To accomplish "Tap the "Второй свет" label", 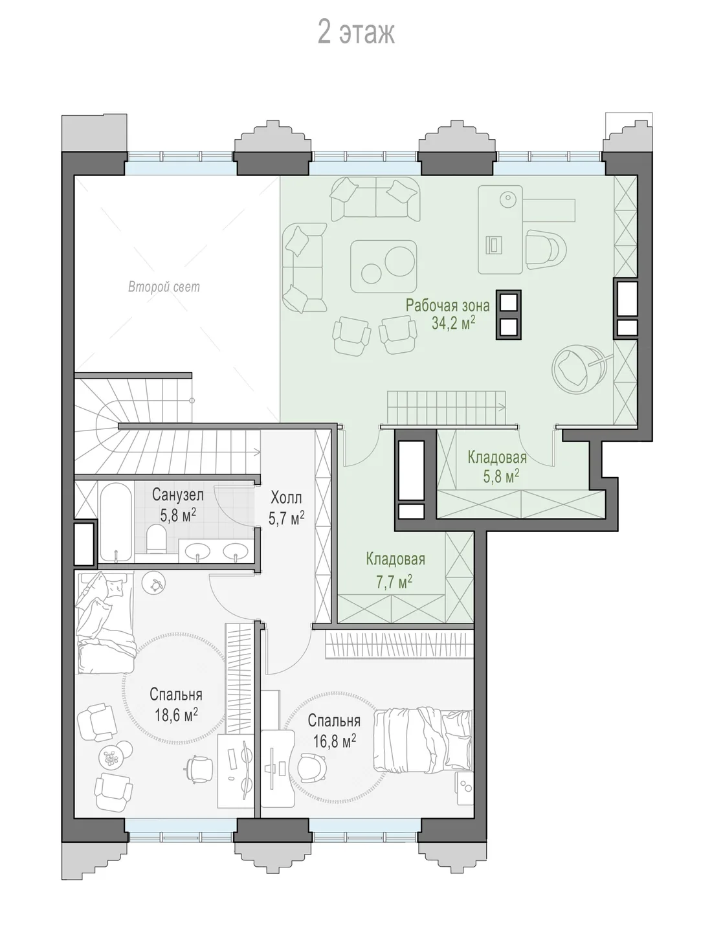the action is (164, 287).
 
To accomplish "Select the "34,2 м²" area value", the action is (453, 323).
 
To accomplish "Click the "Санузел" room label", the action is (178, 495).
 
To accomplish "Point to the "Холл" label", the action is (286, 498).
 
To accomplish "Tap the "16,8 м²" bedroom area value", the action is (335, 741).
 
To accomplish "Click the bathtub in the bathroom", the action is (116, 522).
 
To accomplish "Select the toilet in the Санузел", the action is (156, 539).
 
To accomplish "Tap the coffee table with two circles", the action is (384, 266).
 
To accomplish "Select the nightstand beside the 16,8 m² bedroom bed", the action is (464, 788).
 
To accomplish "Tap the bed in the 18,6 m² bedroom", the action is (105, 621).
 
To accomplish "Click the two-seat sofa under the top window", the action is (375, 199).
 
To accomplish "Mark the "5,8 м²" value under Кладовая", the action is (501, 476).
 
